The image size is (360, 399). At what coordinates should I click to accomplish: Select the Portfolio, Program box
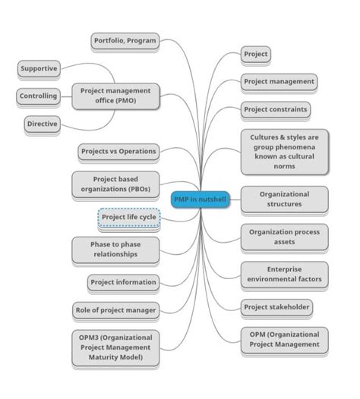click(125, 40)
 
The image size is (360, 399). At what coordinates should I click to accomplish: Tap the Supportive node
click(39, 68)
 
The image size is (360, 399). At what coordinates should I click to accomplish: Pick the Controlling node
click(38, 96)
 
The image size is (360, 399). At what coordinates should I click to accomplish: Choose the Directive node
click(42, 124)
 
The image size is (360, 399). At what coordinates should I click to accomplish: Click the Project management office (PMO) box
click(115, 96)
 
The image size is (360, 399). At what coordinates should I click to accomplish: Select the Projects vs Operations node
click(118, 151)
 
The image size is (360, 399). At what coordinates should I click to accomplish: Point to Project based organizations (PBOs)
click(115, 184)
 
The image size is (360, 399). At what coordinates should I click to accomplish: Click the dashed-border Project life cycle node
click(129, 217)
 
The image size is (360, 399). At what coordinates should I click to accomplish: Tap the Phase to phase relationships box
click(115, 250)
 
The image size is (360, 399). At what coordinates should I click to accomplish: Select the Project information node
click(123, 282)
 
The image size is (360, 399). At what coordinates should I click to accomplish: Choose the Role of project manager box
click(115, 309)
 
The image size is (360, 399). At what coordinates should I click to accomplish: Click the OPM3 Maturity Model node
click(115, 347)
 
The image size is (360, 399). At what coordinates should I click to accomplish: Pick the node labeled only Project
click(255, 55)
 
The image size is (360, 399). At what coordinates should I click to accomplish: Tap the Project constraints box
click(276, 109)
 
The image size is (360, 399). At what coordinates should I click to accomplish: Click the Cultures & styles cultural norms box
click(284, 151)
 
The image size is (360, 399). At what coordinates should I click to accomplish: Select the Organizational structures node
click(284, 199)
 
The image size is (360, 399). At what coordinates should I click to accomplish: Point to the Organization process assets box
click(284, 237)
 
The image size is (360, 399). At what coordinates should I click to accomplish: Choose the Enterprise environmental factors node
click(284, 274)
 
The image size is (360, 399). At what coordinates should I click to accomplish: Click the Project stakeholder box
click(277, 307)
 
